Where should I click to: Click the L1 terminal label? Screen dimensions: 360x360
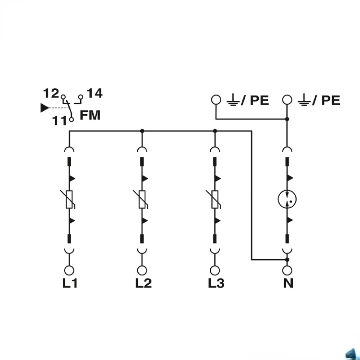[x=70, y=283]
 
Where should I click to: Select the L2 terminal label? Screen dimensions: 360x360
[x=143, y=283]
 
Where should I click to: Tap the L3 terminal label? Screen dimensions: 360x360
[x=216, y=283]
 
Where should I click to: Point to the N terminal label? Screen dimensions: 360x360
[x=288, y=283]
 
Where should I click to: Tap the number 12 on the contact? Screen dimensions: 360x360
[x=51, y=93]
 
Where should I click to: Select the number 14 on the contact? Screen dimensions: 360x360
[x=95, y=93]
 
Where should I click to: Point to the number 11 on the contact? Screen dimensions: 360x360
[x=60, y=120]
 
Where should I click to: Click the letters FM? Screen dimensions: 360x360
[x=90, y=115]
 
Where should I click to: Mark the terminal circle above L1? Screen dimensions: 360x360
[x=70, y=270]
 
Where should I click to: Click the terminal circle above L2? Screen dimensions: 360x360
[x=142, y=270]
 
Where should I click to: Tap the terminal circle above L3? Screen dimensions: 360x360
[x=215, y=270]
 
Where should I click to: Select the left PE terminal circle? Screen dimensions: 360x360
[x=216, y=100]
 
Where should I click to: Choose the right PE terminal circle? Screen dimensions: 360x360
[x=287, y=100]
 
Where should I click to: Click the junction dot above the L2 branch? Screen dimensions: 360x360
[x=142, y=130]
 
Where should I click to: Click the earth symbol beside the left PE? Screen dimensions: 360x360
[x=233, y=101]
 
